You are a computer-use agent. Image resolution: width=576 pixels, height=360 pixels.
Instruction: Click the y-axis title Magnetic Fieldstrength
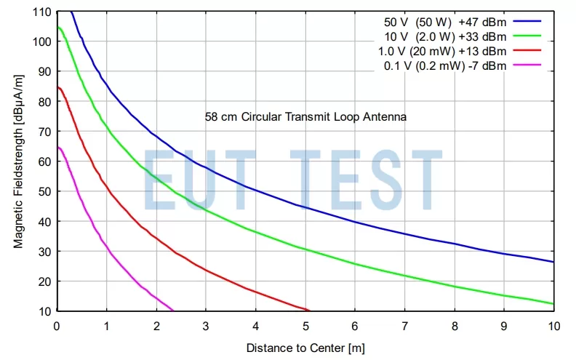click(18, 161)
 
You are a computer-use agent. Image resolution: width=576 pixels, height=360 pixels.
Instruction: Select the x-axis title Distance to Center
click(305, 348)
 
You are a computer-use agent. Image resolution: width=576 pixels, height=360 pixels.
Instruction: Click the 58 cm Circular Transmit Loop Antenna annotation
click(305, 116)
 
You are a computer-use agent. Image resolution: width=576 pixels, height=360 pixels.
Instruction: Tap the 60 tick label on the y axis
click(45, 161)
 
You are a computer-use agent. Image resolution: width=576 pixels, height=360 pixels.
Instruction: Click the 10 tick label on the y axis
click(45, 311)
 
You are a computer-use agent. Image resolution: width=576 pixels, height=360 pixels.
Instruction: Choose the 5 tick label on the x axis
click(305, 325)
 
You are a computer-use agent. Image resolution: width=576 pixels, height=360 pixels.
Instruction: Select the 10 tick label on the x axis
click(553, 325)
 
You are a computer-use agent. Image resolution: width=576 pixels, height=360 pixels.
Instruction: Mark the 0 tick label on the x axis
click(57, 325)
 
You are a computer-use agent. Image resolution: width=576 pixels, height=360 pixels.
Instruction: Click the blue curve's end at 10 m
click(553, 262)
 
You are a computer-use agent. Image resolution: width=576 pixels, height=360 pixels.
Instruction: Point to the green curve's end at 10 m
click(553, 303)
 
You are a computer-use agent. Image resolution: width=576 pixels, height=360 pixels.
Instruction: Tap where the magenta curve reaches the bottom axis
click(173, 310)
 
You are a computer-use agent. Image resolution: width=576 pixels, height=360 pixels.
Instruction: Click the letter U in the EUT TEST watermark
click(218, 180)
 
